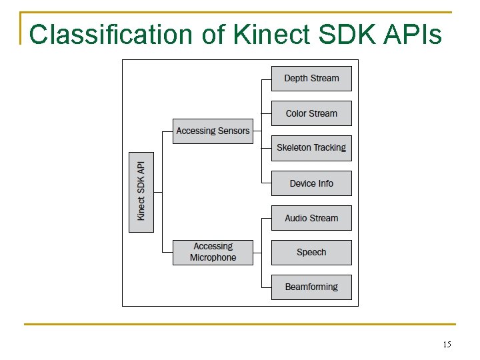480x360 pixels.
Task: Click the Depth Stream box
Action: pos(311,79)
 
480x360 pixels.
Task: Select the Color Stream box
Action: pos(311,113)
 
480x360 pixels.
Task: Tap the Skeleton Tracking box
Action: pos(311,148)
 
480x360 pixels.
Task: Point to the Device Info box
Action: pos(311,183)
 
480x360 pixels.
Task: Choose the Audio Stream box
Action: pos(311,218)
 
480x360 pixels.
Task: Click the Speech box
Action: pos(311,253)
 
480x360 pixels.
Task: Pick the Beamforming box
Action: pos(311,287)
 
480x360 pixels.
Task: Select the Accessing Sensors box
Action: pos(213,131)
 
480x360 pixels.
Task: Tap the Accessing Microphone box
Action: pos(213,253)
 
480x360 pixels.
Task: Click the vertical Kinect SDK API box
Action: pos(141,192)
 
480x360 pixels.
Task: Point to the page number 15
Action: pos(447,345)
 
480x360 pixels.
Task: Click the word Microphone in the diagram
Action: pos(213,258)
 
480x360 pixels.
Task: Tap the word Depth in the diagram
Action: pos(296,79)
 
